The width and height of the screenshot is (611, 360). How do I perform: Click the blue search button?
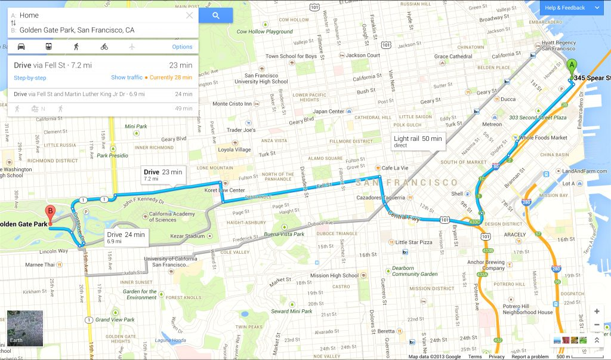click(x=215, y=16)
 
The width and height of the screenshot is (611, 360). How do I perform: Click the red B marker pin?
click(x=51, y=213)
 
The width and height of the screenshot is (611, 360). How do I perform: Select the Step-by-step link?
click(x=30, y=78)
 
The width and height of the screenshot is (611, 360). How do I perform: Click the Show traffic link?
click(x=126, y=78)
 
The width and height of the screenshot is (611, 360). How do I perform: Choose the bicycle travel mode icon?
click(x=104, y=47)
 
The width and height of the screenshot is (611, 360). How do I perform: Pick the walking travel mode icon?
click(x=76, y=47)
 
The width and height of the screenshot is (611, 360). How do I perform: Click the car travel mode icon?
click(x=21, y=47)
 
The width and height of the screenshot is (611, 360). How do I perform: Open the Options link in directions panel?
click(x=182, y=47)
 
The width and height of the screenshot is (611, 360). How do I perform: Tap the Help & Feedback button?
click(x=572, y=8)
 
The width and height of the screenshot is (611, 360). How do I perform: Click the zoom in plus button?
click(x=597, y=312)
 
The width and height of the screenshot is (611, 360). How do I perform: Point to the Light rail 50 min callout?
click(x=418, y=141)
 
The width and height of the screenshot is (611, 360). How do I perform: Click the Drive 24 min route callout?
click(x=126, y=238)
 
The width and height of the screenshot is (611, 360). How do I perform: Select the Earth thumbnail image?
click(x=25, y=328)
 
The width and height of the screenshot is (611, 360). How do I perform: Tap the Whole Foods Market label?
click(x=542, y=138)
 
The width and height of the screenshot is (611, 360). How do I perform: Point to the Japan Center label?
click(x=329, y=112)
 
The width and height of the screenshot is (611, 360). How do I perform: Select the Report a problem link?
click(x=530, y=356)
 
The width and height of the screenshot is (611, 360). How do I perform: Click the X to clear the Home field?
click(x=190, y=16)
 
